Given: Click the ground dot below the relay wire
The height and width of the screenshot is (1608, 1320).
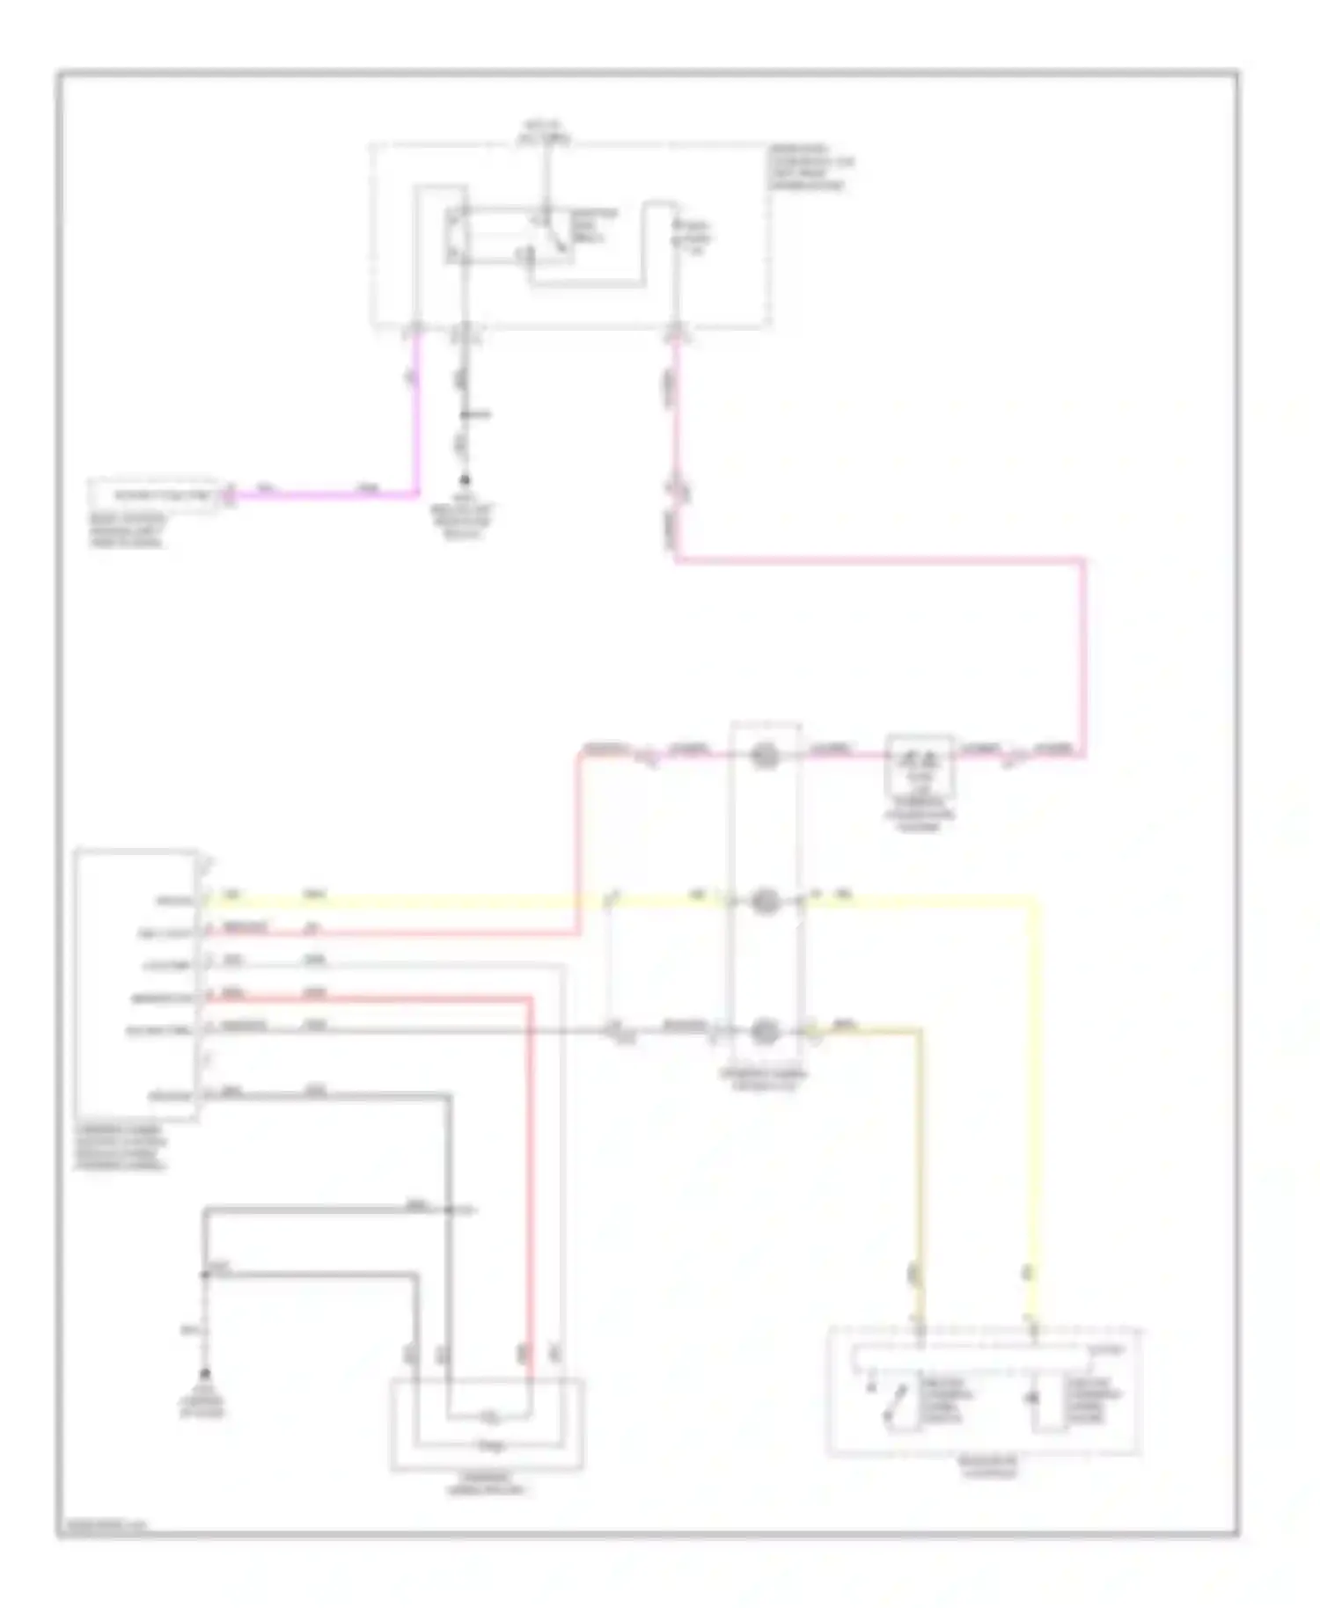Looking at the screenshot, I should coord(464,481).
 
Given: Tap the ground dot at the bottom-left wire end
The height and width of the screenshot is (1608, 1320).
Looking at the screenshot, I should coord(205,1373).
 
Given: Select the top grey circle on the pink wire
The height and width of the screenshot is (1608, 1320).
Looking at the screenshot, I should coord(765,755).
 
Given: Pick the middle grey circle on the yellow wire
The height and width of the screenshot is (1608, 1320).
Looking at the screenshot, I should coord(765,901).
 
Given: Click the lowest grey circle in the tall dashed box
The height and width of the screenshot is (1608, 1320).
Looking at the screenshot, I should coord(765,1031).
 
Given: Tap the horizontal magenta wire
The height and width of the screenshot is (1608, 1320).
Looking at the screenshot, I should coord(326,495).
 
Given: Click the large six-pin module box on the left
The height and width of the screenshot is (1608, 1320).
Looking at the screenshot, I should coord(136,983).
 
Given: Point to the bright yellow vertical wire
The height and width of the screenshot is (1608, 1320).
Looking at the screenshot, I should coord(1035,1100).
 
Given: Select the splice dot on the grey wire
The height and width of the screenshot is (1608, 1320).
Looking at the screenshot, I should coord(450,1210).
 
